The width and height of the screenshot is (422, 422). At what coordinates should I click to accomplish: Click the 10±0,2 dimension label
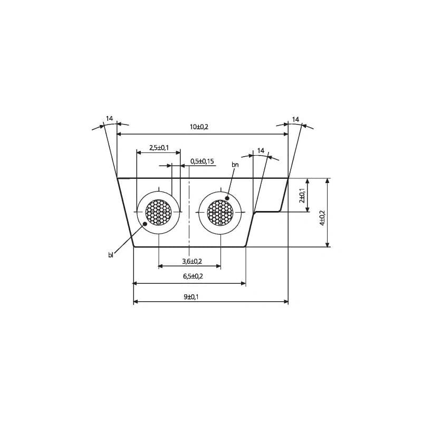199,127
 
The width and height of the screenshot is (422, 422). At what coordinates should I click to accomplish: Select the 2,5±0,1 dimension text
159,148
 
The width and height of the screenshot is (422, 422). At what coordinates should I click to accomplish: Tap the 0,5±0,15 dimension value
202,161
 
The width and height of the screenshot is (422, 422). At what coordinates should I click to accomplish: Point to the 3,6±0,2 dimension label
192,261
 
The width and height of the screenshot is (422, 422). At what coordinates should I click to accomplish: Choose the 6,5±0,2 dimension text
193,276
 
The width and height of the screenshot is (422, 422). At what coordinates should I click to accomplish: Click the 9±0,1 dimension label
191,297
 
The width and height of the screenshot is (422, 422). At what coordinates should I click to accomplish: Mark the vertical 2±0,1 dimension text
302,196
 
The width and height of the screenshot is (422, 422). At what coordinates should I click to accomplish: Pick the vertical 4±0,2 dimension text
322,218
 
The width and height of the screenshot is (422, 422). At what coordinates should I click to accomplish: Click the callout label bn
235,165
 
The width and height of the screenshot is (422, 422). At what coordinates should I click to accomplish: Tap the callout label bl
111,255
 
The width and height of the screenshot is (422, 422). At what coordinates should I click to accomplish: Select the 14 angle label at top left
109,119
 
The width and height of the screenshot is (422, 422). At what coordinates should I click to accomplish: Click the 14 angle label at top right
295,120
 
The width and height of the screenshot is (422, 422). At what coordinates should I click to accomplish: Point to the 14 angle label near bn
261,151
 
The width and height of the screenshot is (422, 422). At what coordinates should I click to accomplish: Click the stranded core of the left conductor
158,212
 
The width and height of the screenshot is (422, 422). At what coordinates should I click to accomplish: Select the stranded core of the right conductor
220,212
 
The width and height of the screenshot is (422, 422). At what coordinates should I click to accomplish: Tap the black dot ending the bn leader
227,198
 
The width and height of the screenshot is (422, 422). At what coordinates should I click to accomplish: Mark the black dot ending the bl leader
145,224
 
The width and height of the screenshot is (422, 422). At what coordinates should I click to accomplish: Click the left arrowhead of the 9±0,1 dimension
136,302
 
